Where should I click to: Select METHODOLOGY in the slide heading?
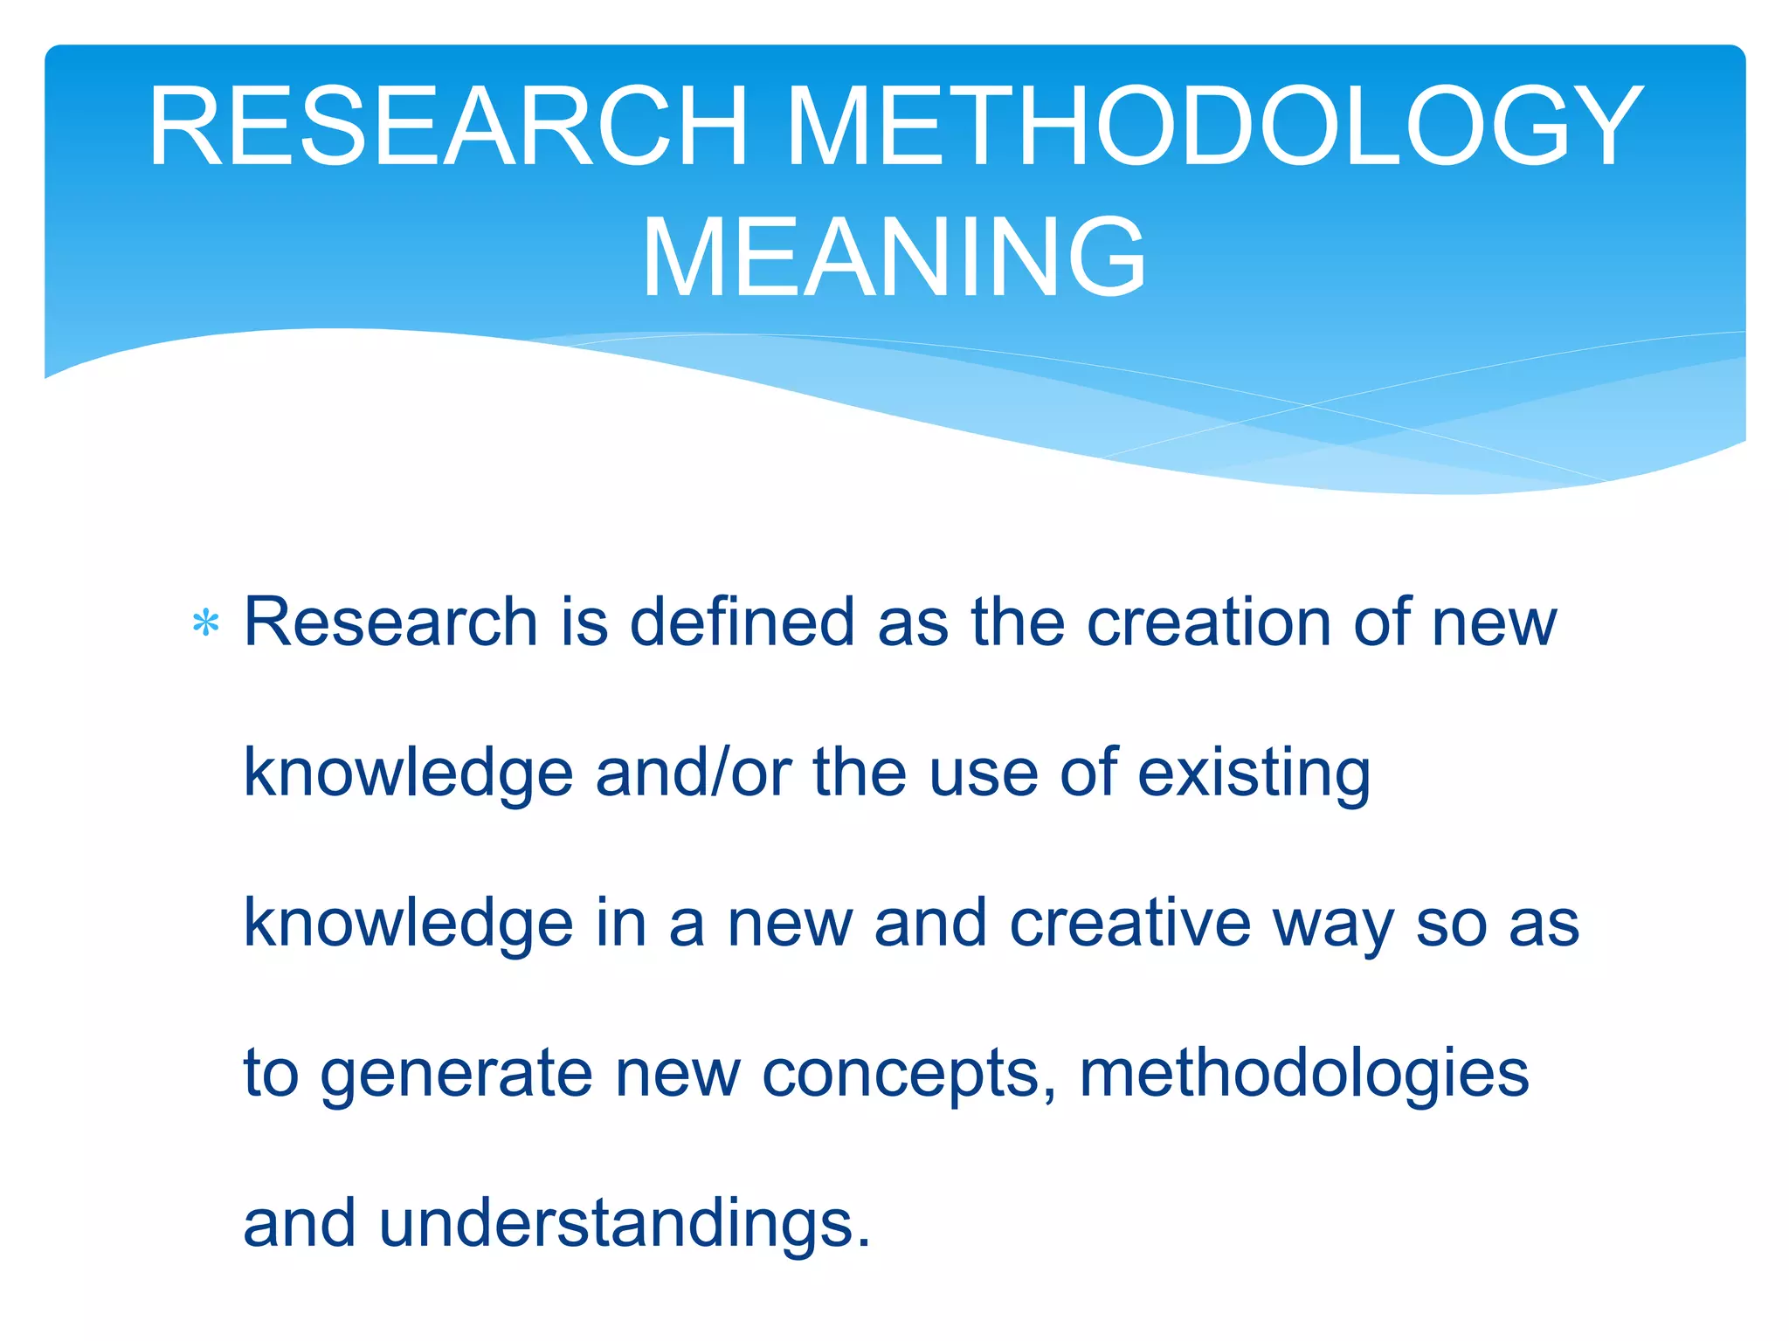[1215, 127]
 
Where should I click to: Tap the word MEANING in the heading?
[894, 258]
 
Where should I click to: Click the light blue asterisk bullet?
[205, 623]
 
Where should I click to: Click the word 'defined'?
[743, 622]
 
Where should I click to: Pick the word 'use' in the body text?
[983, 774]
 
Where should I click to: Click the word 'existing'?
[1254, 774]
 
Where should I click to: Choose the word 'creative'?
[1130, 923]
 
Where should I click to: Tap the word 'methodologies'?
[1304, 1074]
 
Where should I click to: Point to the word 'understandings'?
[624, 1224]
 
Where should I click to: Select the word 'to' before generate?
[270, 1073]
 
